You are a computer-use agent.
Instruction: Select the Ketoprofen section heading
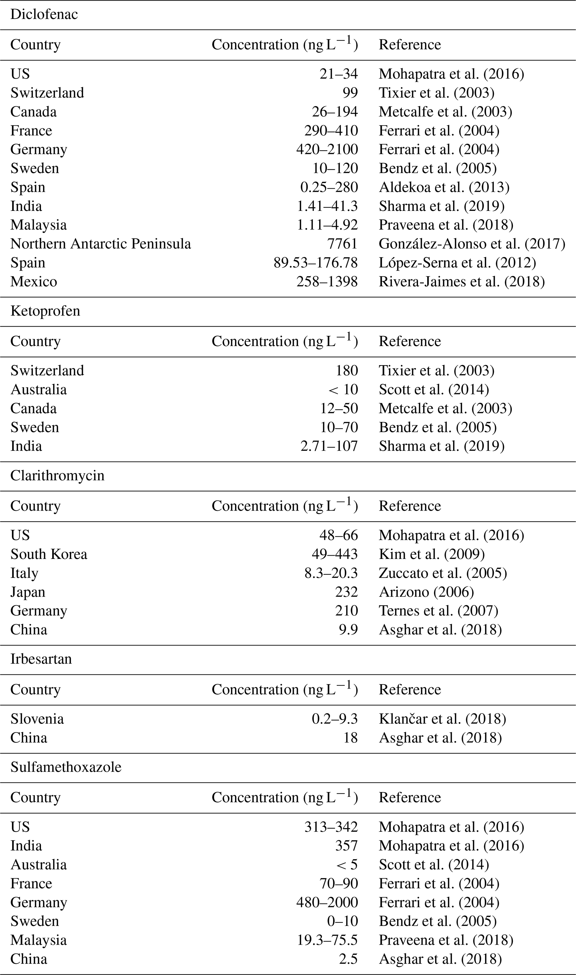pos(45,311)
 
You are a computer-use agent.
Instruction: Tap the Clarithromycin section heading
pos(57,476)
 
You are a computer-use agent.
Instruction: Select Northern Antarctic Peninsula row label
pos(101,243)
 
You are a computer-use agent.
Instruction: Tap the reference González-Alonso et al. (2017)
pos(472,243)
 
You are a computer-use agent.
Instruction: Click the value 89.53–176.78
pos(315,263)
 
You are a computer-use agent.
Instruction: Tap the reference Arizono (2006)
pos(426,592)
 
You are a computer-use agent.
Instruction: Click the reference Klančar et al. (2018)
pos(442,719)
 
